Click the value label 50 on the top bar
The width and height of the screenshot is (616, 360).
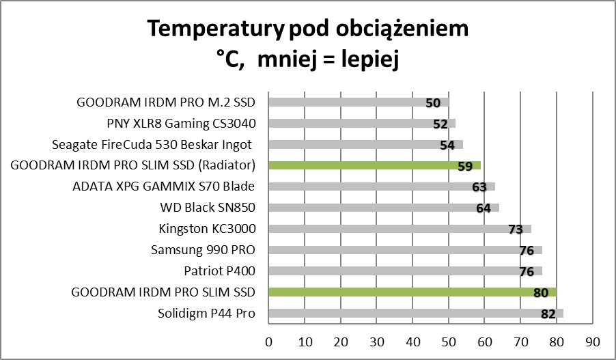coord(432,103)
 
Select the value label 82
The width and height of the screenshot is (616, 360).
coord(548,314)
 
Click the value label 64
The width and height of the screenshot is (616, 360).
coord(484,208)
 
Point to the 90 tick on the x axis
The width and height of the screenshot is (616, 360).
coord(593,341)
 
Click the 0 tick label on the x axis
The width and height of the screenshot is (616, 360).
coord(268,341)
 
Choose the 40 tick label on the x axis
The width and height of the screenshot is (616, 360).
coord(412,341)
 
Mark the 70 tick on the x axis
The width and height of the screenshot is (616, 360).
coord(520,341)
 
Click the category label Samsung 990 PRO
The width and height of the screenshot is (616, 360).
coord(203,250)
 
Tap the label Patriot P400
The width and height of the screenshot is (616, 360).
coord(219,271)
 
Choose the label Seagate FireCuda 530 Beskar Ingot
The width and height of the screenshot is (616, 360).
coord(152,145)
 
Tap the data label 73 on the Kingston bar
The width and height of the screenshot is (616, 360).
coord(516,230)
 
